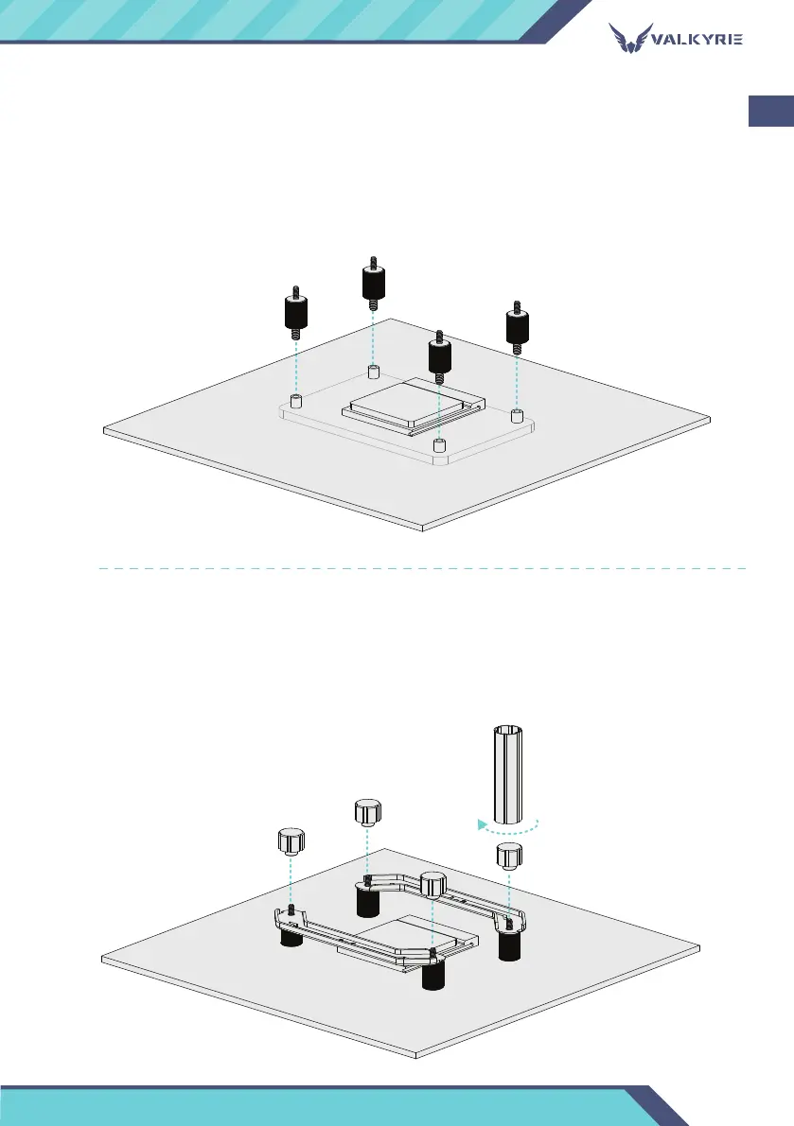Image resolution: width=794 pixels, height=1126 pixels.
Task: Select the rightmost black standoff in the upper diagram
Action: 517,327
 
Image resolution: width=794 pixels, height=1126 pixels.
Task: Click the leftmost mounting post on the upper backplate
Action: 295,402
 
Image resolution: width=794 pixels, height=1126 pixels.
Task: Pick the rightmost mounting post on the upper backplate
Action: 517,416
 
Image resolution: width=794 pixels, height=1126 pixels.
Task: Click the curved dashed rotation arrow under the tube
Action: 508,826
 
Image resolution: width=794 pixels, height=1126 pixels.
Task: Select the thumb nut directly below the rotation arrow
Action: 509,857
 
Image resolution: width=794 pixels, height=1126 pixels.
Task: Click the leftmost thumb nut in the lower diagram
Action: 291,840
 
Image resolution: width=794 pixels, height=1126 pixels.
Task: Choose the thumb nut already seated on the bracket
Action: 432,886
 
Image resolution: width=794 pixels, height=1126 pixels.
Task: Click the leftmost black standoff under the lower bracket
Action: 291,942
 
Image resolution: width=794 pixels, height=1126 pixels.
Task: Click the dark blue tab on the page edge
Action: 771,110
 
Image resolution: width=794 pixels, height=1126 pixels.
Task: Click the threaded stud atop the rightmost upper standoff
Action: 517,306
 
